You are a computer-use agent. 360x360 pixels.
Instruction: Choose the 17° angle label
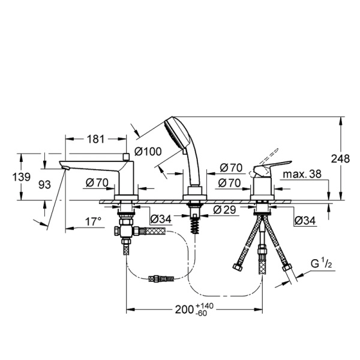(93, 222)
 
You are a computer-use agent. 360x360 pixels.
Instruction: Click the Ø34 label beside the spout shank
(161, 218)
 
